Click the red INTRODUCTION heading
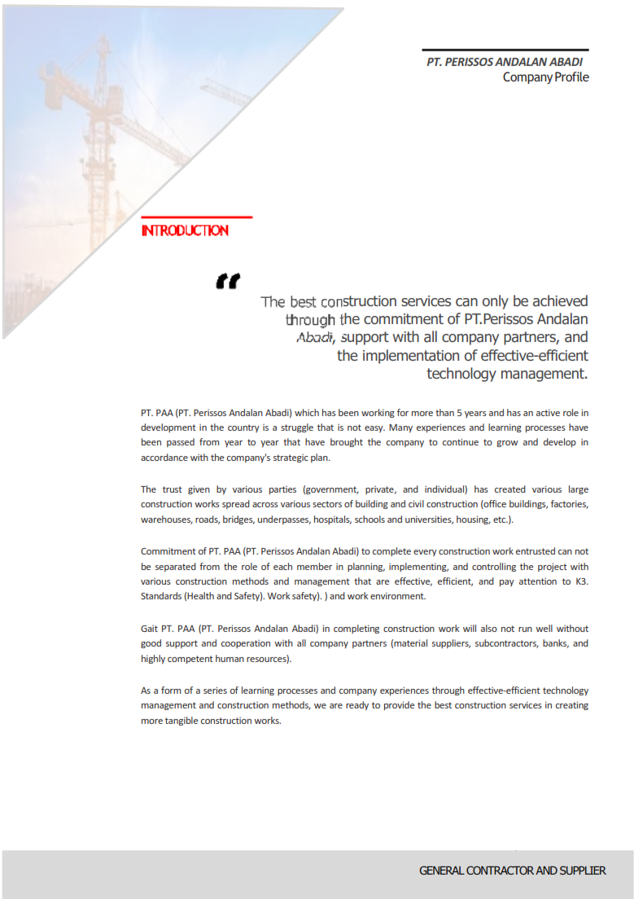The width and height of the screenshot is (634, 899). tap(185, 230)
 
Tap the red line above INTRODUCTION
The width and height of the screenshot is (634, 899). tap(196, 217)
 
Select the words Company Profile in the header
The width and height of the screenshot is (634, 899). tap(545, 77)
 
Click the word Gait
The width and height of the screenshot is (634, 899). tap(149, 629)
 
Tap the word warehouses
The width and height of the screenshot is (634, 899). tap(165, 520)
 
